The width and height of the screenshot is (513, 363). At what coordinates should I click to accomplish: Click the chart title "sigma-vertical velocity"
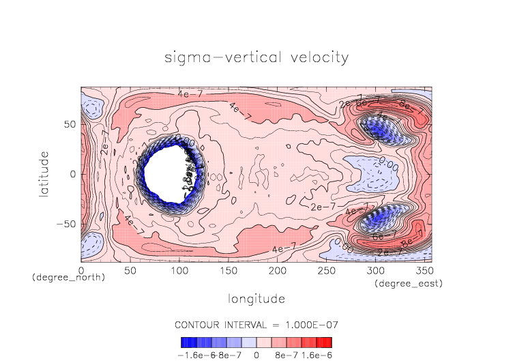coord(256,57)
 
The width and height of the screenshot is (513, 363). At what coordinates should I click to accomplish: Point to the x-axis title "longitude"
coord(256,299)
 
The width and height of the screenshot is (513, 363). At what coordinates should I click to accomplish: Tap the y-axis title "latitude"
coord(45,175)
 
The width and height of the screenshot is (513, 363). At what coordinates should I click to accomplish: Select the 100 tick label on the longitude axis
coord(179,271)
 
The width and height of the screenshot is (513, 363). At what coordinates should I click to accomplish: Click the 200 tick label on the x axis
coord(277,271)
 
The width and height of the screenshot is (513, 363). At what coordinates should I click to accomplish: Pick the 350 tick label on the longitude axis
coord(424,271)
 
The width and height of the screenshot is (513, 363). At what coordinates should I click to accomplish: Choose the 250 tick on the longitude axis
coord(326,271)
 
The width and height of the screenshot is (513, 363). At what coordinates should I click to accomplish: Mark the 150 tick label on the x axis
coord(228,271)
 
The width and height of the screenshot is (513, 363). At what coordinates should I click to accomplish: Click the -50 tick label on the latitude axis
coord(67,224)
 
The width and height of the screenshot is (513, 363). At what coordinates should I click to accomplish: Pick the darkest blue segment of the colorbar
coord(186,342)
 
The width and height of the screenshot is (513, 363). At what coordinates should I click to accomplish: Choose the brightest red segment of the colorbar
coord(327,342)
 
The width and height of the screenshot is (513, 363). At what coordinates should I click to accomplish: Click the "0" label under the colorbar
coord(256,355)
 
